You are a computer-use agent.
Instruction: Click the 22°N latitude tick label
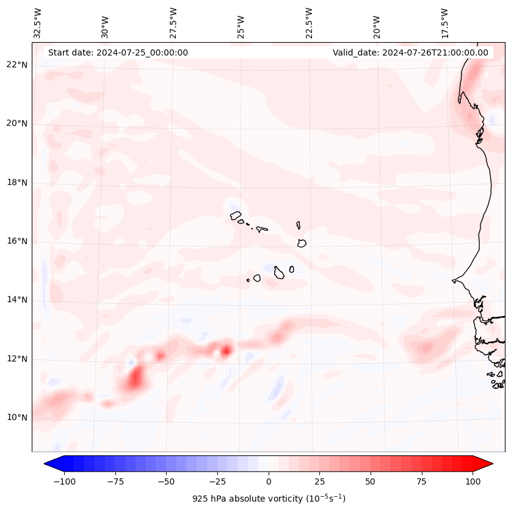click(x=17, y=65)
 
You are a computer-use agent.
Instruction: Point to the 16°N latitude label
click(x=17, y=241)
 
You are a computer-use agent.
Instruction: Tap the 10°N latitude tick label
click(x=17, y=417)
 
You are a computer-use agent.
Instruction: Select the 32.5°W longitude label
click(x=38, y=23)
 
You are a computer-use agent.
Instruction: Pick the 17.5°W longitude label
click(x=444, y=23)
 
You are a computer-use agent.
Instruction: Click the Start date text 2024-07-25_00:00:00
click(x=118, y=52)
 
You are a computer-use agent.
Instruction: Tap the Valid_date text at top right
click(x=410, y=52)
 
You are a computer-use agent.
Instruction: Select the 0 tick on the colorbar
click(x=269, y=481)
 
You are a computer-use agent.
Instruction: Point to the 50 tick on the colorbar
click(x=371, y=481)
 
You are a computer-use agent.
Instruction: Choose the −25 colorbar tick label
click(x=217, y=481)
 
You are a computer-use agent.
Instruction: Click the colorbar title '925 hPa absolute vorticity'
click(x=269, y=499)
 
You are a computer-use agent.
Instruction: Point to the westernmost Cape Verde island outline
click(x=236, y=215)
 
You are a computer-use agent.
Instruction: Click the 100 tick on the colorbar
click(x=473, y=481)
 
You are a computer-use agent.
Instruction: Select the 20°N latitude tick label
click(x=17, y=123)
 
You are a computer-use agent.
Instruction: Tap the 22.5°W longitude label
click(x=309, y=23)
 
